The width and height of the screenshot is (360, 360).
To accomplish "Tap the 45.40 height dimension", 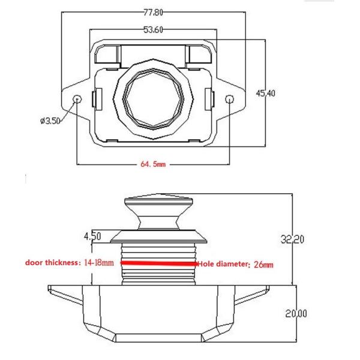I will coord(266,93).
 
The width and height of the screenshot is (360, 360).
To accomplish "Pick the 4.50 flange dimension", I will coord(92,236).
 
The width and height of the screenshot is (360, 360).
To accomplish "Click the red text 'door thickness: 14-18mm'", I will coord(69,263).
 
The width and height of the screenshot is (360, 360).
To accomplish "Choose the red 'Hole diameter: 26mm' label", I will coord(236,263).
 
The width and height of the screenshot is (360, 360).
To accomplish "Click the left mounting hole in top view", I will coord(77,98).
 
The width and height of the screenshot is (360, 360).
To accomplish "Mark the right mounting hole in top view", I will coord(230,98).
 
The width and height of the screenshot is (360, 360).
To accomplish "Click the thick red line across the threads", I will coord(159,263).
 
